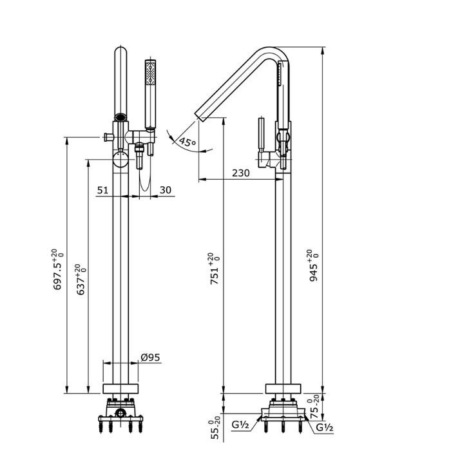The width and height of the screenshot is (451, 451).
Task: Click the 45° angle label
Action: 187,142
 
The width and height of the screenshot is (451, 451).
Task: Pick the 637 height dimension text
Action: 80,280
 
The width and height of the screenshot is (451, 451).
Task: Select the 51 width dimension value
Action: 102,190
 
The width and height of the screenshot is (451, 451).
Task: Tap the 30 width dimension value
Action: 165,190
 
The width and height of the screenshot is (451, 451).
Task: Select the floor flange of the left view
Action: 120,389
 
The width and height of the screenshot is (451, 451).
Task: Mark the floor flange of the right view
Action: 282,389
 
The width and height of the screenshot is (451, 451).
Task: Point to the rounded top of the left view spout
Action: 120,53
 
